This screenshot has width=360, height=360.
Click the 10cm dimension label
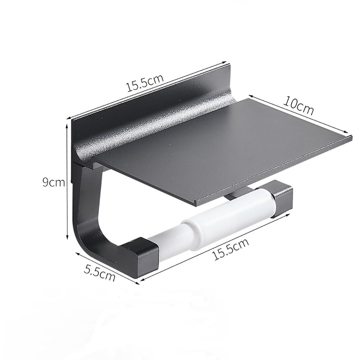[298, 105]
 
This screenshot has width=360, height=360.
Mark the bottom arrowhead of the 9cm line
[67, 238]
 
